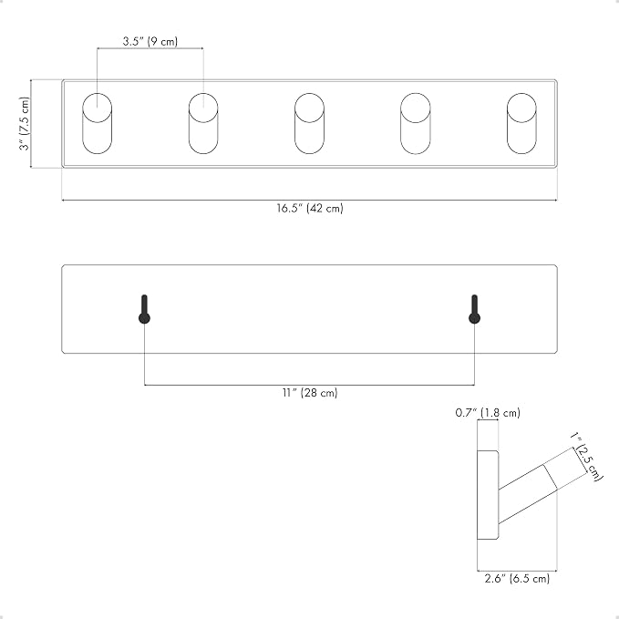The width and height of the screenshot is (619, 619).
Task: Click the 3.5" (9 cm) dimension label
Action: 150,41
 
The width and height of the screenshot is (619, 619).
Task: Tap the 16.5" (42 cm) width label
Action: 310,208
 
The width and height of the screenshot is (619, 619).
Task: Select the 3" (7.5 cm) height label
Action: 25,124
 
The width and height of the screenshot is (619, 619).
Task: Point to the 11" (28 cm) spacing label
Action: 310,393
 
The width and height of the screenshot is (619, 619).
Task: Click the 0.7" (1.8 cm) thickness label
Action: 488,413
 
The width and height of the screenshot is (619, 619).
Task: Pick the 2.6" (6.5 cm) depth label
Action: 517,579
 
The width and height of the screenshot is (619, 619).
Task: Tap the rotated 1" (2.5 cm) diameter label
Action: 587,457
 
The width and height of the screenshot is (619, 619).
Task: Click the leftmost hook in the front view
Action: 98,124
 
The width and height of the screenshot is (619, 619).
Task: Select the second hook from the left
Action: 203,124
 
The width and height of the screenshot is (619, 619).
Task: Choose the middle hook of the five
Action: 310,124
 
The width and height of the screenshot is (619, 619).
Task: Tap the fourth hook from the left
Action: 416,124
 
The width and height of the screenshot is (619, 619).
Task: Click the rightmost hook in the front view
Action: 521,124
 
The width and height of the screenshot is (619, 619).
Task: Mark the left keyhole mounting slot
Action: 144,310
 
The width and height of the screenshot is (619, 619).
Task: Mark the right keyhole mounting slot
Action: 475,310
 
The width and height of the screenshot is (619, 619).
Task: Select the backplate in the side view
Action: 488,495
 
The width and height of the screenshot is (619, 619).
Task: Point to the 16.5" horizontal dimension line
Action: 310,201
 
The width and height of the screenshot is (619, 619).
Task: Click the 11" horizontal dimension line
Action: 310,385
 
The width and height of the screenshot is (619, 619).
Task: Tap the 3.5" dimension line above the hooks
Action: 150,48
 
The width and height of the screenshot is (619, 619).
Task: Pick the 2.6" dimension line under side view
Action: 517,571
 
